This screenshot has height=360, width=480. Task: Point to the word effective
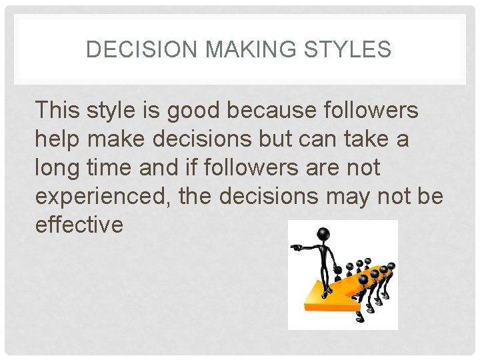(79, 225)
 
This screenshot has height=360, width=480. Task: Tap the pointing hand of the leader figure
(295, 247)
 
